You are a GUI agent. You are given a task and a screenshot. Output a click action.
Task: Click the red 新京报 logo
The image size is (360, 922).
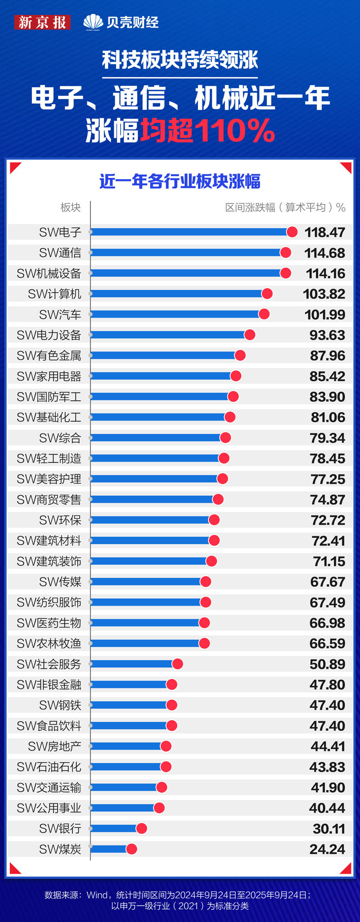point(42,22)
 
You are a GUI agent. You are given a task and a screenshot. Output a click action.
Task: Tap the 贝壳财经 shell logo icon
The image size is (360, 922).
point(93,22)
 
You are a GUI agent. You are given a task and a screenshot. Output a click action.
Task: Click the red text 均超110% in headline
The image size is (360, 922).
point(207,131)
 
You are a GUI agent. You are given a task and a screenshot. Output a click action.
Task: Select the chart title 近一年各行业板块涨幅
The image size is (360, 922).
point(180,181)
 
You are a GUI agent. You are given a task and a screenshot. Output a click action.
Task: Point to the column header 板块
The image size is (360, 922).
point(71,207)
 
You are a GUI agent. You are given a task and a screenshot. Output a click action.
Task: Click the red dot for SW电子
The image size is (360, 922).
point(292,232)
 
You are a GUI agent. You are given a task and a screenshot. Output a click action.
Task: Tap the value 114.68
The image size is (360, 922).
point(324,253)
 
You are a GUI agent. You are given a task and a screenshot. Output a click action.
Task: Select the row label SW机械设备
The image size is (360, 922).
point(49,274)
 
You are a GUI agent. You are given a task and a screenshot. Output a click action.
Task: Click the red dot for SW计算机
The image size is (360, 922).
point(267,294)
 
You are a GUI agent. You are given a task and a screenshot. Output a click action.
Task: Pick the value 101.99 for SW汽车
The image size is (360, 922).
point(324,315)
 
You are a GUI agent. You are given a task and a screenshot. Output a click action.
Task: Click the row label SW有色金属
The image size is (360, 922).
point(49,356)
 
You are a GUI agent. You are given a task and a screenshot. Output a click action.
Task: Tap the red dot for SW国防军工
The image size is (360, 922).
point(233,397)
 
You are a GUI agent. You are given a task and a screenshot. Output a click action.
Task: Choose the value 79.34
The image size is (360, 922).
point(327,438)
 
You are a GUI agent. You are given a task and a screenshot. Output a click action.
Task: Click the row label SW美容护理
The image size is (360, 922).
point(49,479)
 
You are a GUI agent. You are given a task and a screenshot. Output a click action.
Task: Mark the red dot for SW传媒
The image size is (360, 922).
point(206,582)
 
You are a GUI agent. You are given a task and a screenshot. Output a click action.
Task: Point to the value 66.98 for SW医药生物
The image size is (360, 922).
point(327,623)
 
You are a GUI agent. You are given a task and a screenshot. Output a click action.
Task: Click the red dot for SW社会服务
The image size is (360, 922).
point(177,664)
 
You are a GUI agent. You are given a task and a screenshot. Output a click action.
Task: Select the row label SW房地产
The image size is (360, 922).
point(54,747)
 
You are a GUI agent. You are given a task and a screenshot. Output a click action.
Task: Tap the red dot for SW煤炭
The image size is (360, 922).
point(131,849)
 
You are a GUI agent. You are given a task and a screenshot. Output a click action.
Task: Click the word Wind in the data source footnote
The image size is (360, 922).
point(97,895)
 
